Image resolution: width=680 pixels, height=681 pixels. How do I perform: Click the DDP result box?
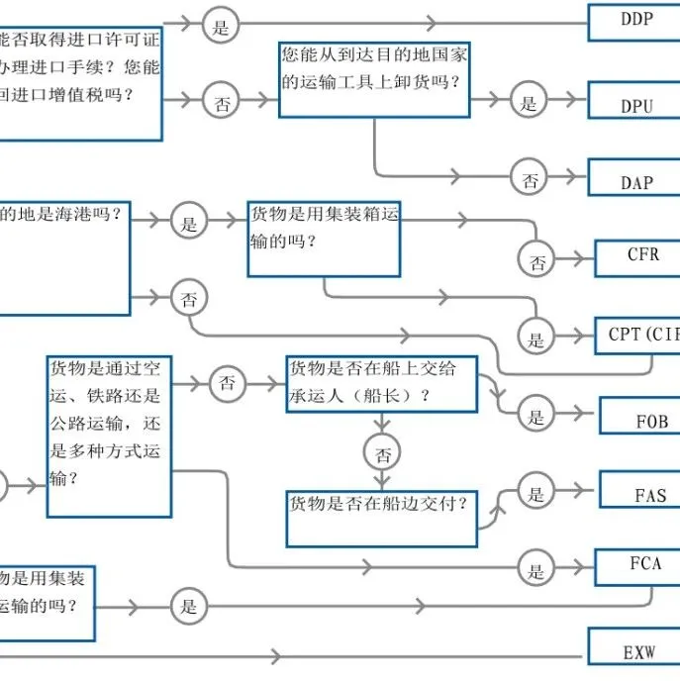(634, 20)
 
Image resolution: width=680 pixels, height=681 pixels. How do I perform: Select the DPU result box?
(634, 103)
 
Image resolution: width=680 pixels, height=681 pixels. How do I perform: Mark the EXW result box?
(634, 648)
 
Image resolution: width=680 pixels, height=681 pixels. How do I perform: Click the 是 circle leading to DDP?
(221, 26)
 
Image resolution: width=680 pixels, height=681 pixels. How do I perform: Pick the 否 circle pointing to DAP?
(530, 179)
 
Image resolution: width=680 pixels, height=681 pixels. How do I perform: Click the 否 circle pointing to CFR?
(536, 261)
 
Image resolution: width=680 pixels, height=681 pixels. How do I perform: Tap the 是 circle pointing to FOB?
(535, 416)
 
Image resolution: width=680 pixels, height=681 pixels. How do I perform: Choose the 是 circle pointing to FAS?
(536, 493)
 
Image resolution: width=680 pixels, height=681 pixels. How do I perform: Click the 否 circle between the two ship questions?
(382, 454)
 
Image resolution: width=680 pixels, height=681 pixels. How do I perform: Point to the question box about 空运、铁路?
(110, 435)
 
